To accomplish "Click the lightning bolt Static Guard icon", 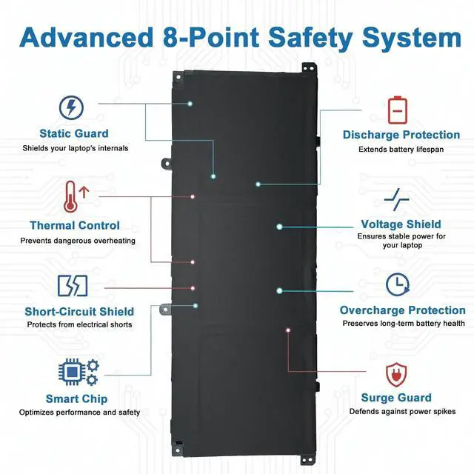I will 71,107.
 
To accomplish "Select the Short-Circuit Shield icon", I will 73,285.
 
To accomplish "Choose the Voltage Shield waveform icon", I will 397,199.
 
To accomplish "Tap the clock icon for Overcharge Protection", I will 398,285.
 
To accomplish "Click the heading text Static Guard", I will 74,134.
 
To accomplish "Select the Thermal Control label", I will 74,225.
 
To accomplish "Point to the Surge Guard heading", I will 396,398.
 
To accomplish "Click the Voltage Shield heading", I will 401,224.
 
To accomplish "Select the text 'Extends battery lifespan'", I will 401,149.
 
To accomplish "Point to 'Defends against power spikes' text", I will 403,412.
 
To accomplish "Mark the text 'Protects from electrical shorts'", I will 79,324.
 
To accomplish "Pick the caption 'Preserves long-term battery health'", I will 403,323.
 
